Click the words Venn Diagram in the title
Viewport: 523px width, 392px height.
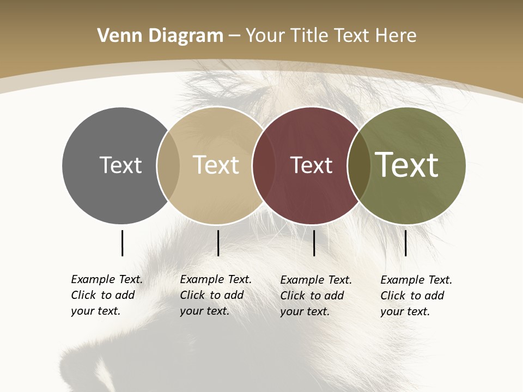160,36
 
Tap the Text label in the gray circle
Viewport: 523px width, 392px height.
120,165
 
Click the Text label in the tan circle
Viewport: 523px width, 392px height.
216,165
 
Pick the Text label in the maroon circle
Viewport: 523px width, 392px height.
311,165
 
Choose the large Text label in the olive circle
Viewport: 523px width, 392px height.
407,165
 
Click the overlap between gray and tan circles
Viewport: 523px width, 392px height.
168,166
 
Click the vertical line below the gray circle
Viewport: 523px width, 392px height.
122,243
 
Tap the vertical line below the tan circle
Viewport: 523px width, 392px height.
218,243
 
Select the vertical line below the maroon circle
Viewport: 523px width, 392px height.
314,243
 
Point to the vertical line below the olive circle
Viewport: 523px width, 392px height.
405,243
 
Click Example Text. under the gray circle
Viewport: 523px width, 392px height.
107,279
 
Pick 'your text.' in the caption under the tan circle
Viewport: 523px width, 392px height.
204,311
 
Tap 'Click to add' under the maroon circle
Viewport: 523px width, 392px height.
312,296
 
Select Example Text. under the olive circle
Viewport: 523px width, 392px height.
416,280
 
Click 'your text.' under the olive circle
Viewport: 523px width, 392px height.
405,311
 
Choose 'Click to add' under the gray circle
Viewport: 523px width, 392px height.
103,295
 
